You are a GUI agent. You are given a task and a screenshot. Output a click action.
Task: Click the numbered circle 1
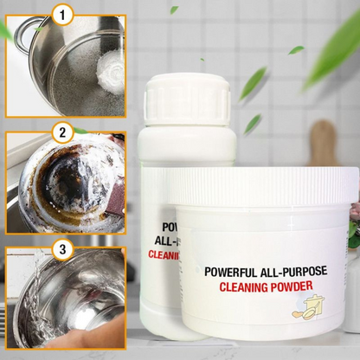(x=61, y=14)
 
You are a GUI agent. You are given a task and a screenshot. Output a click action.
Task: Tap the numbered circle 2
(x=61, y=133)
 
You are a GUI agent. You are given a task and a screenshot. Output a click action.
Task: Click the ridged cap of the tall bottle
(x=187, y=97)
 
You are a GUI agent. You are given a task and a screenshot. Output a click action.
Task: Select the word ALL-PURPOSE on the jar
(x=290, y=272)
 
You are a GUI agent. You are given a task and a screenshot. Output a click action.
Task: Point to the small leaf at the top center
(x=173, y=10)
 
